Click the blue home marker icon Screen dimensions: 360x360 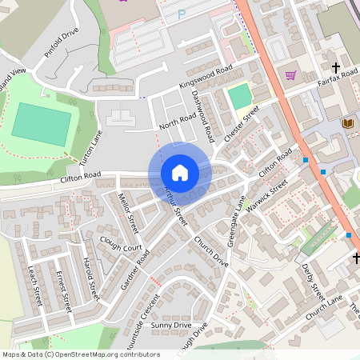(x=180, y=173)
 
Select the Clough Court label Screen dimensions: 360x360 (x=120, y=242)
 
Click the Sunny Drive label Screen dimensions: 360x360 (x=171, y=326)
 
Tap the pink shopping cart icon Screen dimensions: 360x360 (x=290, y=74)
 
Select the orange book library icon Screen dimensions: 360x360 (x=347, y=122)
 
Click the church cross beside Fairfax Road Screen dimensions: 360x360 (x=335, y=66)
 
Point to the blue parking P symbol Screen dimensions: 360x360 (x=181, y=14)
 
